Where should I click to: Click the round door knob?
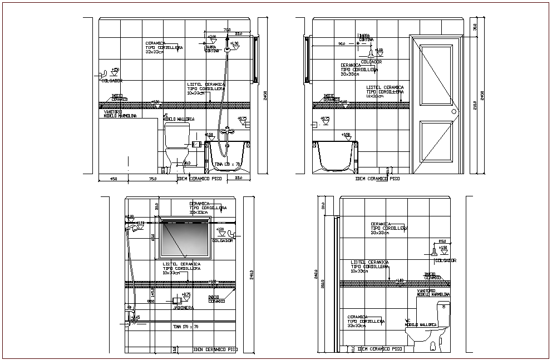(454, 111)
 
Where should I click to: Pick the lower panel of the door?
(437, 144)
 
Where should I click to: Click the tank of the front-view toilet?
(176, 134)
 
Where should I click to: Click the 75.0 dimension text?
(152, 179)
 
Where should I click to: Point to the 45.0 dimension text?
(113, 179)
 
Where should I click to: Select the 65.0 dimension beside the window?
(153, 237)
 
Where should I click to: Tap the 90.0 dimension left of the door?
(342, 43)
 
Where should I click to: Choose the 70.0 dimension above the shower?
(226, 29)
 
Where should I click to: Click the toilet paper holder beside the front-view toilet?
(196, 144)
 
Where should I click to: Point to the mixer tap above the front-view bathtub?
(225, 131)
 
